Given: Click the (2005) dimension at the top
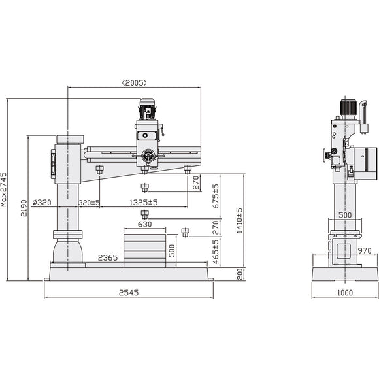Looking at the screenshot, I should coord(134,83).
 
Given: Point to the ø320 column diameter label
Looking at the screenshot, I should coord(41,202).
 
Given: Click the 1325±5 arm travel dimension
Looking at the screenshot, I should coord(144,202).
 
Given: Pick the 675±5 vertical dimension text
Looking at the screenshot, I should coord(216,195).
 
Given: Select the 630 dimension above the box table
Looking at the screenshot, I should coord(144,224).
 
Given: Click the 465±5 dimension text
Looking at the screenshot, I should coord(216,251).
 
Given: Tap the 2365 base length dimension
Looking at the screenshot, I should coord(108,258).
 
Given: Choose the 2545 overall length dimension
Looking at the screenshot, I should coord(129,293).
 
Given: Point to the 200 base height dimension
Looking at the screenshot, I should coord(239,273).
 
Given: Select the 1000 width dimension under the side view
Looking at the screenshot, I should coord(346,293).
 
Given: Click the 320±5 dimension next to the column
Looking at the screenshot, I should coord(88,202).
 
